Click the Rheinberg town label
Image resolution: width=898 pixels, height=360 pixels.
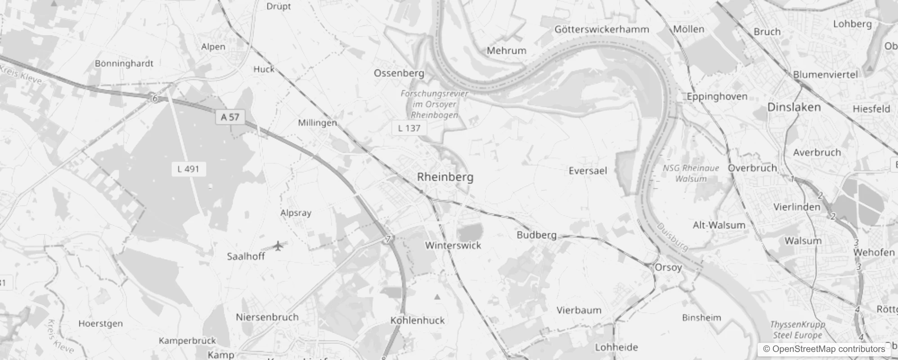click(445, 177)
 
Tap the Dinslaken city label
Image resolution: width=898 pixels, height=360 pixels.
click(794, 107)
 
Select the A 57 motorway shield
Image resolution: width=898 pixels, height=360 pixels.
click(230, 117)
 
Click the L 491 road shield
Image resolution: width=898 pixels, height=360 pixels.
click(188, 169)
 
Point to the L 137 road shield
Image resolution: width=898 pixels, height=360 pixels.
click(409, 128)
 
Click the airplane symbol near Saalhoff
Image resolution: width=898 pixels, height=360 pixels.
click(279, 246)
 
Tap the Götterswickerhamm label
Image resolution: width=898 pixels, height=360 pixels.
click(602, 30)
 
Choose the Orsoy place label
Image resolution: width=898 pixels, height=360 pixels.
click(668, 267)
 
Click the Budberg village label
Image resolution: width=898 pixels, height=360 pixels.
click(536, 234)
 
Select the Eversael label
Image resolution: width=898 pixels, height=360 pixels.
click(588, 171)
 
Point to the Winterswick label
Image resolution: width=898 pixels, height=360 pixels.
click(453, 245)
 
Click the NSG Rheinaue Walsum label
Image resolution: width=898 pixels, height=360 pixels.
click(691, 173)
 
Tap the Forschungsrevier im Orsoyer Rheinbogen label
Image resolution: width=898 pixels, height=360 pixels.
click(435, 104)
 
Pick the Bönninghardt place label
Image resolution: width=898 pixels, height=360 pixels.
click(124, 63)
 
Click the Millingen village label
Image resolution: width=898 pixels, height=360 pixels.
click(317, 122)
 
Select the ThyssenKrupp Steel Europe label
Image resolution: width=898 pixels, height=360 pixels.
click(797, 330)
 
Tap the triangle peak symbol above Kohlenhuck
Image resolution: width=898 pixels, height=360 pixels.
click(437, 297)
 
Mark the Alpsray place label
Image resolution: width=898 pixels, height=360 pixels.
click(296, 212)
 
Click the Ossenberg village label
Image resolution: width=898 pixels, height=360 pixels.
click(399, 73)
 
